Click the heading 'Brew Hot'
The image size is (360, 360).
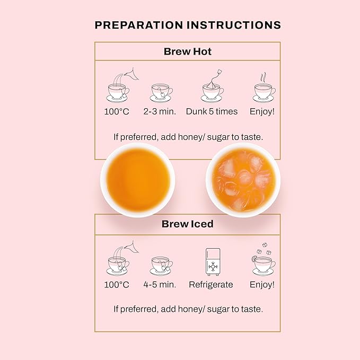pos(188,51)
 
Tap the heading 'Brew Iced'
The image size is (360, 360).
pos(188,224)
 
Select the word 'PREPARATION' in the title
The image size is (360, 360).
pos(139,25)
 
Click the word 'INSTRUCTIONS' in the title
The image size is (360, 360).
pos(234,25)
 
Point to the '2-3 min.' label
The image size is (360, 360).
pos(160,111)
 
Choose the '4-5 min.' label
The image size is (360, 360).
pos(160,285)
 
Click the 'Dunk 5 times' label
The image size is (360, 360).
pos(212,111)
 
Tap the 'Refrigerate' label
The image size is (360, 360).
pos(211,285)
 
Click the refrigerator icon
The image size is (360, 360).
pos(213,262)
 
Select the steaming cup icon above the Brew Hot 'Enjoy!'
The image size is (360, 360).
pos(264,87)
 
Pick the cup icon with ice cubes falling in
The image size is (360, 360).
pos(264,259)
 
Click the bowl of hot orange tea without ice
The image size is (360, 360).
pos(138,180)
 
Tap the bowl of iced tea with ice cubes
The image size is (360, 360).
pos(243,180)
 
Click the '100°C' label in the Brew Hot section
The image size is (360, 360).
pos(117,111)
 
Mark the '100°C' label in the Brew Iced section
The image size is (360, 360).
pos(117,285)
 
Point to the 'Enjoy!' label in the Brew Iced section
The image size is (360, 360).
pos(262,285)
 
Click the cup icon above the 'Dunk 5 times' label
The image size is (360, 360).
pos(213,86)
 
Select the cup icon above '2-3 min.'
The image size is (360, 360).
pos(161,93)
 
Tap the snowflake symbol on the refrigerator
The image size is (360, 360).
pos(213,267)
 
